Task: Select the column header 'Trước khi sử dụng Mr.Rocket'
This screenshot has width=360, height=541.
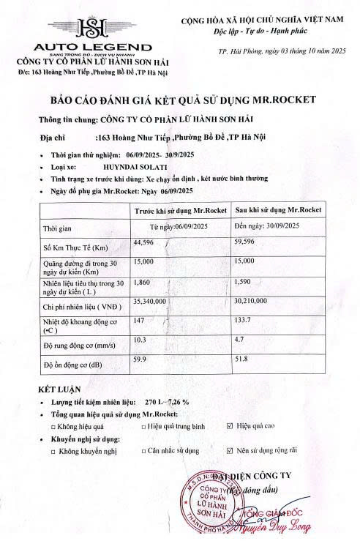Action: pos(181,211)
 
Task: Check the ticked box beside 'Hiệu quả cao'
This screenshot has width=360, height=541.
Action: pos(230,425)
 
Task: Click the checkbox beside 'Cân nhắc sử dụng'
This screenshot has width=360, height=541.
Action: pos(143,451)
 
